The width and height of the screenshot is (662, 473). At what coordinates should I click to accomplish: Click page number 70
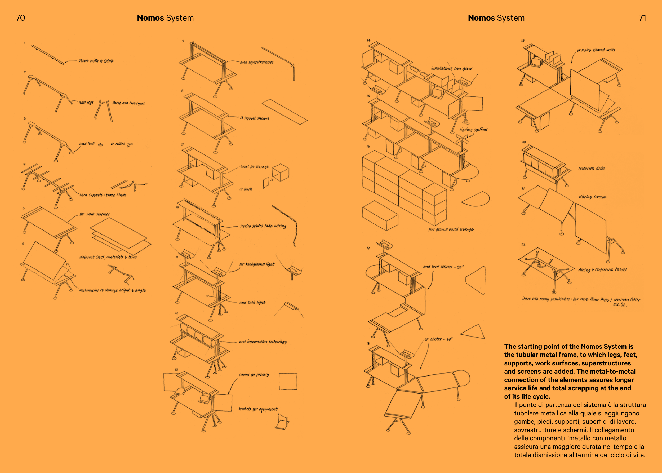click(x=20, y=18)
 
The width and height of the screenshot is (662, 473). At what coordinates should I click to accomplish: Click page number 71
click(x=642, y=18)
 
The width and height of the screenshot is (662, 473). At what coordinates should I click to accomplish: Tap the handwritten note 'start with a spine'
click(x=96, y=61)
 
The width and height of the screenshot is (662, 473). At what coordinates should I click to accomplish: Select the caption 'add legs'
click(x=86, y=102)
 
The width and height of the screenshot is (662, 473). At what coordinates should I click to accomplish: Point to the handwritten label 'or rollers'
click(x=118, y=144)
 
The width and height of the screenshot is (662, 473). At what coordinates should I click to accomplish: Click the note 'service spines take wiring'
click(x=263, y=226)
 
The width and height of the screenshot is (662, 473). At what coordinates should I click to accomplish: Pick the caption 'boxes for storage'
click(x=254, y=167)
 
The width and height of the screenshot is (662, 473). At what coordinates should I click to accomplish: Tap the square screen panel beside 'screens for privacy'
click(x=288, y=381)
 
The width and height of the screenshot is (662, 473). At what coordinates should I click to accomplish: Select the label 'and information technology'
click(x=263, y=342)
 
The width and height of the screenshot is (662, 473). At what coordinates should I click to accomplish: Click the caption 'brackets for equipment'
click(x=258, y=409)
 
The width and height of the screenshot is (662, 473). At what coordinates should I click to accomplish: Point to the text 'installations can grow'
click(x=451, y=69)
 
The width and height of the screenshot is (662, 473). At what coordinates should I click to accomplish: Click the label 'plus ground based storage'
click(x=451, y=229)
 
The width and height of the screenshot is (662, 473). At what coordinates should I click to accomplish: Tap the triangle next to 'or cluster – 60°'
click(x=474, y=332)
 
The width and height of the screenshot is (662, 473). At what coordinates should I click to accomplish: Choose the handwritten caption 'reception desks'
click(x=591, y=168)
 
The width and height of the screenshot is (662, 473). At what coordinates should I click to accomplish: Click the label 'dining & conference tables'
click(x=602, y=270)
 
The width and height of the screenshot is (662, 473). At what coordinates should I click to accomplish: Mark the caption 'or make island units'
click(x=596, y=50)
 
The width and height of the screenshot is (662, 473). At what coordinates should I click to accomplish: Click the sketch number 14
click(x=368, y=40)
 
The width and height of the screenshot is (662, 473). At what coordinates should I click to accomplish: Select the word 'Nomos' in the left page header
click(x=150, y=18)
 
